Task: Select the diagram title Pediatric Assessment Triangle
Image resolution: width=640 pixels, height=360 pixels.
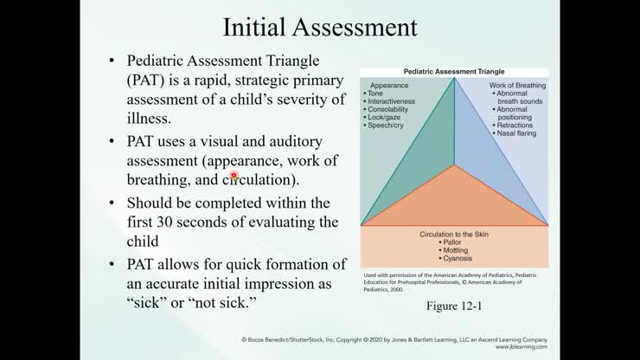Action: coord(454,72)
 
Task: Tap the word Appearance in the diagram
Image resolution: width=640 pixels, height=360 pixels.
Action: coord(389,86)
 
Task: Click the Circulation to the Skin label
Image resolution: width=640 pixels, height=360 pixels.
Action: coord(455,235)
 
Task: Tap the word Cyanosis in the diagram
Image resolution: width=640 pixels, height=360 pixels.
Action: coord(455,259)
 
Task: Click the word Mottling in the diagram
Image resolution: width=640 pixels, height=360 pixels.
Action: coord(455,251)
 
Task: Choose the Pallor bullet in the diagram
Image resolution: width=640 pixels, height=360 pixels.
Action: coord(453,243)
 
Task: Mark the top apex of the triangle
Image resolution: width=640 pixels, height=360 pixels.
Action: coord(455,79)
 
